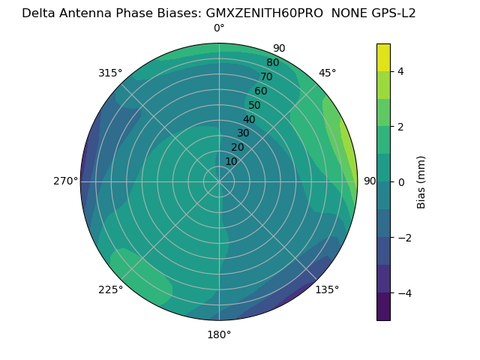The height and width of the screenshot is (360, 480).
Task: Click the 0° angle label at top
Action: click(x=219, y=28)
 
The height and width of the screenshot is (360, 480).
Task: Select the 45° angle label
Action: click(x=327, y=73)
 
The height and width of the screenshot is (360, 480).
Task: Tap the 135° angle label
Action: click(x=327, y=289)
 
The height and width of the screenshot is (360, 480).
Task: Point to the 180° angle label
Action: click(x=219, y=334)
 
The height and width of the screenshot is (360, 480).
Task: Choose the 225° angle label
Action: click(x=110, y=289)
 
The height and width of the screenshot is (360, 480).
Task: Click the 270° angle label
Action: click(x=66, y=181)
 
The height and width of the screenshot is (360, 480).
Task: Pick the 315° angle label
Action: click(x=110, y=73)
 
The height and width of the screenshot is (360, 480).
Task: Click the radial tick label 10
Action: click(x=232, y=161)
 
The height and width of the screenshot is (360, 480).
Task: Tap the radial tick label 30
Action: click(x=243, y=133)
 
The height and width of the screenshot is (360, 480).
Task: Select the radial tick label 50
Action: click(x=254, y=106)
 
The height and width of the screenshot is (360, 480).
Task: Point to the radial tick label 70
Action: click(x=266, y=77)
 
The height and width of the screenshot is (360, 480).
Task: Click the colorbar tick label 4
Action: click(x=400, y=71)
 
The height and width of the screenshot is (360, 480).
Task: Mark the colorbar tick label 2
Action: click(x=400, y=127)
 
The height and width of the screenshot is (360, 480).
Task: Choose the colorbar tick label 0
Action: click(x=400, y=182)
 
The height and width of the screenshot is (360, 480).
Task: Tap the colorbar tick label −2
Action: click(x=403, y=238)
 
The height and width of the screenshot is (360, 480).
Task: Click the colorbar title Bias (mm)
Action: click(x=421, y=182)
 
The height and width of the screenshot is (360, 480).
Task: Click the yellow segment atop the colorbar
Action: click(x=383, y=57)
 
